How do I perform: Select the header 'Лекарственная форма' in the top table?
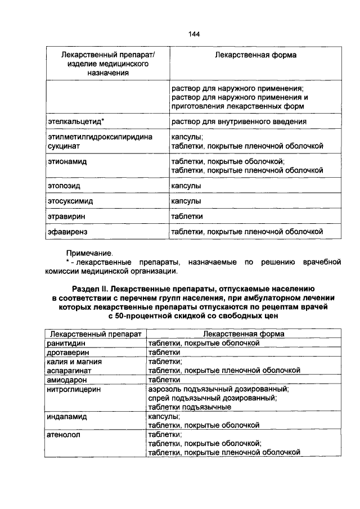tap(256, 56)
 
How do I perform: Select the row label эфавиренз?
tap(65, 231)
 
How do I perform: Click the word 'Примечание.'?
tap(90, 254)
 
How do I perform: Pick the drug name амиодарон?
tap(67, 380)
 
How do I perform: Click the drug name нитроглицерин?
tap(75, 389)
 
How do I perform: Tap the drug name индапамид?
tap(70, 417)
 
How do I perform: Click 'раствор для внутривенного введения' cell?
tap(239, 121)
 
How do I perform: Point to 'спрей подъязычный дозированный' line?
tap(212, 398)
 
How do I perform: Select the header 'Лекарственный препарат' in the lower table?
tap(95, 334)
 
